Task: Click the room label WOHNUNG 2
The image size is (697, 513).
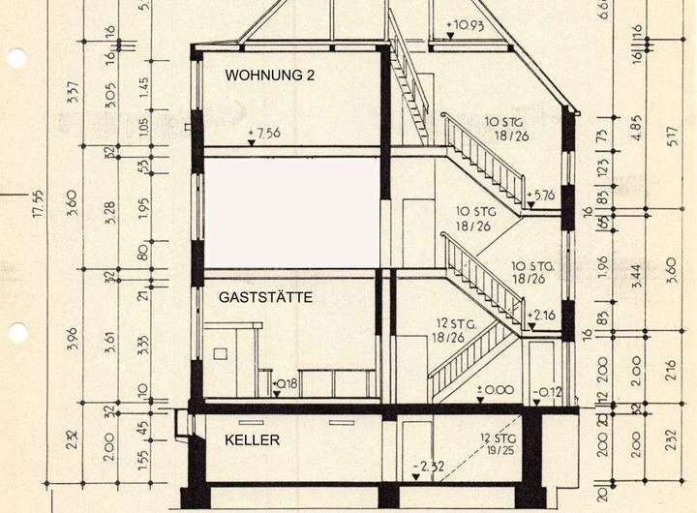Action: (269, 75)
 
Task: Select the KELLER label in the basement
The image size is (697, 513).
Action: (253, 440)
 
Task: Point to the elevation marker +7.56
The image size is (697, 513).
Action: (264, 134)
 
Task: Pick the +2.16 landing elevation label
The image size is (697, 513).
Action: (543, 316)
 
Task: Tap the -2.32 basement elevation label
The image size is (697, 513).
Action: (428, 467)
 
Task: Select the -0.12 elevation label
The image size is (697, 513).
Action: (547, 391)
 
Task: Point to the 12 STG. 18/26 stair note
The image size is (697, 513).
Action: (453, 330)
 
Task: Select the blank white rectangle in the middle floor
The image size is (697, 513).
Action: (291, 212)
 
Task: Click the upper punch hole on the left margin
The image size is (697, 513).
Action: (16, 59)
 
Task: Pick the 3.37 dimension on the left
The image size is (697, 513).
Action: (73, 95)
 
